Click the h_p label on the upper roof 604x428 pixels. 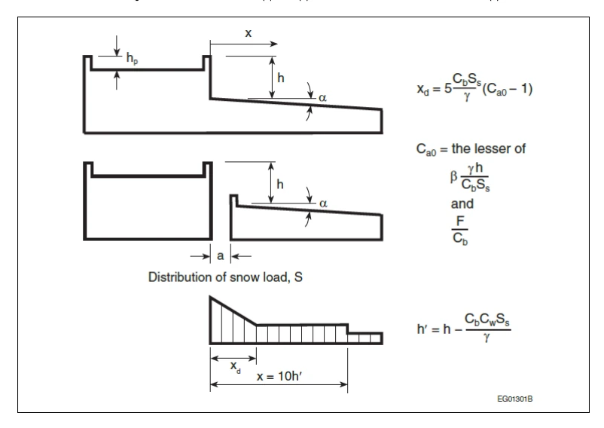pos(132,59)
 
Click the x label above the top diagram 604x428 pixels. pos(249,33)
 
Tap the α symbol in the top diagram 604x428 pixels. pos(323,98)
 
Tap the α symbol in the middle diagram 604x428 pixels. pos(323,203)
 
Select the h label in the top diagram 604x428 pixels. pos(281,78)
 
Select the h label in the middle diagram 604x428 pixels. pos(280,185)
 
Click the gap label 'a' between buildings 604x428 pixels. pos(221,255)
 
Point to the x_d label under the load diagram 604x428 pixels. pos(236,366)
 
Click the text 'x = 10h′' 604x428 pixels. pos(279,376)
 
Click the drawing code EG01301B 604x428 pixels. pos(514,399)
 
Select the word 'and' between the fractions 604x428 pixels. pos(462,203)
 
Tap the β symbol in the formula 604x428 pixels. pos(454,177)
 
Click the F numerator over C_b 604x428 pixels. pos(460,221)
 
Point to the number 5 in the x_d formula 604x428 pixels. pos(448,89)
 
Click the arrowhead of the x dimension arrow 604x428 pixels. pos(273,44)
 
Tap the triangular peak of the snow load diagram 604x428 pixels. pos(211,298)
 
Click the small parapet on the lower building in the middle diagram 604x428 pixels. pos(233,200)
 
